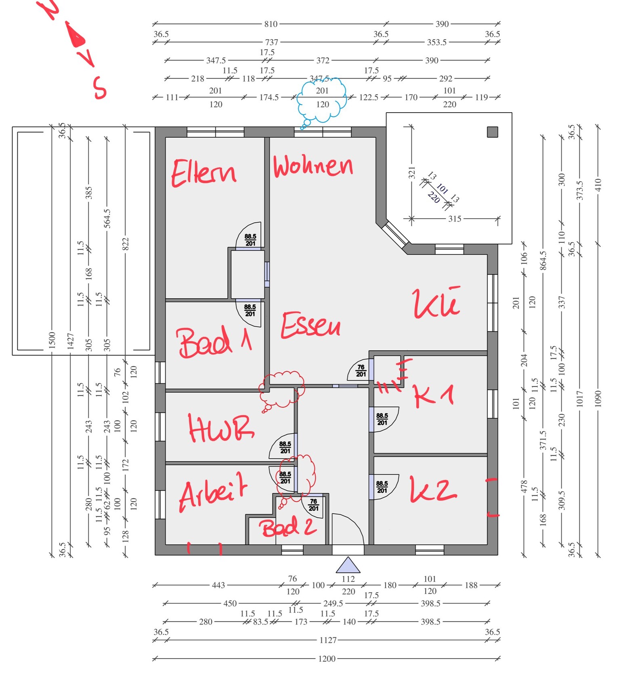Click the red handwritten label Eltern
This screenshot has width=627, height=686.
tap(203, 173)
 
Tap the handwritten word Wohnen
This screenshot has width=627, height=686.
tap(313, 166)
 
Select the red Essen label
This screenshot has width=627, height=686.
tap(310, 325)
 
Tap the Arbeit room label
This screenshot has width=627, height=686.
tap(213, 491)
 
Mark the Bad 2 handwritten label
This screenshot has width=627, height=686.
tap(287, 527)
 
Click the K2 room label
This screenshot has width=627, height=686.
tap(433, 489)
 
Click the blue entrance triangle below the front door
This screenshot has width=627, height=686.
tap(348, 565)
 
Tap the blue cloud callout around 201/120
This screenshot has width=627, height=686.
tap(322, 99)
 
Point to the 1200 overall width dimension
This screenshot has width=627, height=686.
tap(327, 659)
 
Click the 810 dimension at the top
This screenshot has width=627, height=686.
tap(271, 24)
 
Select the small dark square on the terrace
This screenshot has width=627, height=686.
tap(492, 132)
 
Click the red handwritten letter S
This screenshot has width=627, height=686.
tap(99, 88)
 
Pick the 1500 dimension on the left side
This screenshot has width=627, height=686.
tap(52, 340)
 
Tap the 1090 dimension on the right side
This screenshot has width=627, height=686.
tap(598, 398)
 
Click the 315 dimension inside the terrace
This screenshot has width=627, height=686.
tap(455, 219)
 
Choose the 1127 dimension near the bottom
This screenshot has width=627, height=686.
tap(328, 640)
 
